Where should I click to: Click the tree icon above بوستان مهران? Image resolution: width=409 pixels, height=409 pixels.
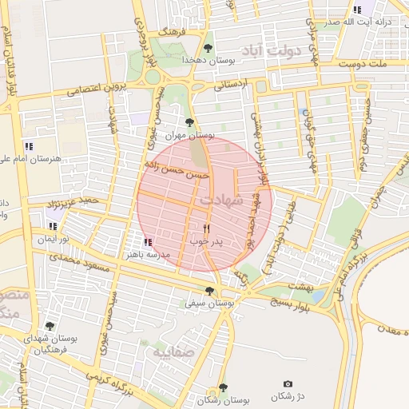tap(189, 122)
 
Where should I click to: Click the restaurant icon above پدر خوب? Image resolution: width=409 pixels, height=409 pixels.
tap(206, 228)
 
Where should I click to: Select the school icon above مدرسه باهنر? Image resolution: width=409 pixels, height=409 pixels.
tap(147, 242)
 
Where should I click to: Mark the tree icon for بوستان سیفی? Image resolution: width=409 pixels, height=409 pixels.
tap(209, 291)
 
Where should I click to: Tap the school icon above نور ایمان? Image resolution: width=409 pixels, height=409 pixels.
tap(53, 226)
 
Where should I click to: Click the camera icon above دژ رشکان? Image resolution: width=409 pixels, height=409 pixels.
tap(288, 384)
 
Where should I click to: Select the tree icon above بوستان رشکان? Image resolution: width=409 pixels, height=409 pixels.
tap(222, 387)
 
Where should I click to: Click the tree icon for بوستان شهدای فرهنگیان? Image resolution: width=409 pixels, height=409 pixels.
tap(50, 326)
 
